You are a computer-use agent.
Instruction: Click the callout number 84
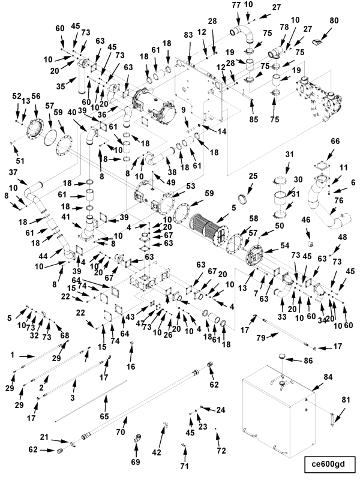(328, 377)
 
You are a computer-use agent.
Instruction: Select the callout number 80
(334, 20)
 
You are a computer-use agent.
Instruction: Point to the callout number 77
(236, 5)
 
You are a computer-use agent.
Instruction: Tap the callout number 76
(339, 200)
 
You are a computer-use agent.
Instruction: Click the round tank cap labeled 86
(283, 357)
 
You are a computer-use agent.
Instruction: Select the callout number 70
(121, 431)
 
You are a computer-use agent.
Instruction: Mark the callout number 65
(104, 416)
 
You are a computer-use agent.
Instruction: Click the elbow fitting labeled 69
(137, 439)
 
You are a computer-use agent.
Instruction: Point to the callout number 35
(61, 86)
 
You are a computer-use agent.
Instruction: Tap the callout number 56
(36, 96)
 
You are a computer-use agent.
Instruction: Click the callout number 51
(20, 160)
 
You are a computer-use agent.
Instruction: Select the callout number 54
(284, 245)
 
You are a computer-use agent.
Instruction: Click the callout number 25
(253, 176)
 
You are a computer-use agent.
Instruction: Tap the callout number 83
(188, 35)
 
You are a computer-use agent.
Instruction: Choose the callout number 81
(346, 400)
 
